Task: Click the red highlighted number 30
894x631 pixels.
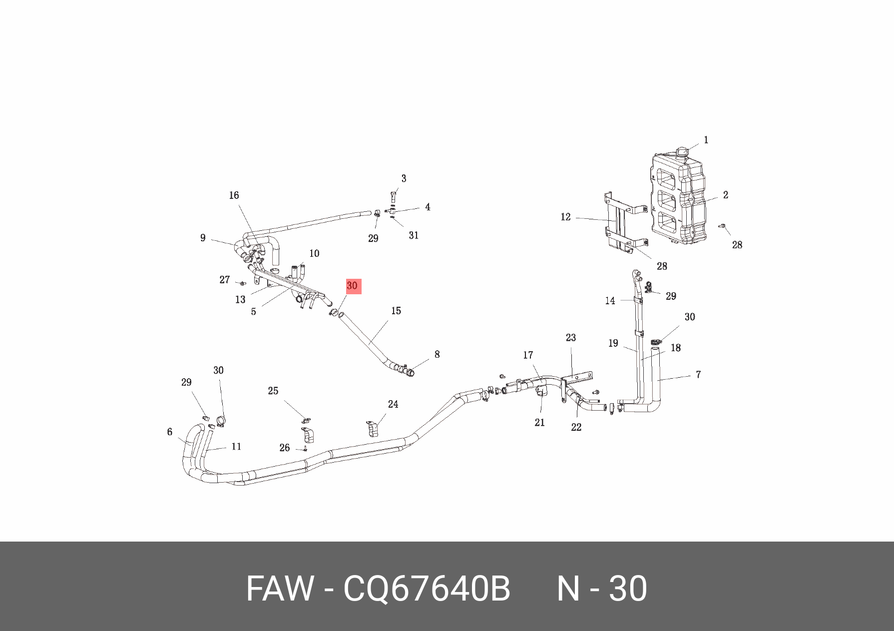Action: (x=353, y=286)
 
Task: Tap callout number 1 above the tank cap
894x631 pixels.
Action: (x=706, y=140)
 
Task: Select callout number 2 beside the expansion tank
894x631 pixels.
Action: (x=725, y=195)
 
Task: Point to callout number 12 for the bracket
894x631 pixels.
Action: (x=565, y=217)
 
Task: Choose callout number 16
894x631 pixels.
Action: (x=234, y=196)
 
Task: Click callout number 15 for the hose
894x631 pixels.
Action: (x=396, y=311)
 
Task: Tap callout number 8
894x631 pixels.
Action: (x=437, y=355)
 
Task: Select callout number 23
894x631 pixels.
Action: (x=571, y=338)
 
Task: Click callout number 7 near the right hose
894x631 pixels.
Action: (x=698, y=375)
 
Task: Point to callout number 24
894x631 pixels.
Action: (x=393, y=405)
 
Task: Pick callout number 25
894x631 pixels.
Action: (x=273, y=391)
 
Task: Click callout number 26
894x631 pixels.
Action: (x=284, y=448)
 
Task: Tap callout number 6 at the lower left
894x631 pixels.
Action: (x=170, y=432)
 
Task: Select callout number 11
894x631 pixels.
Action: (x=236, y=447)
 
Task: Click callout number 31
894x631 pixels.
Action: (x=414, y=235)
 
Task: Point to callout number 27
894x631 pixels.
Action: (x=225, y=280)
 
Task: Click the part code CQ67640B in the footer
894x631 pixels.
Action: (x=427, y=589)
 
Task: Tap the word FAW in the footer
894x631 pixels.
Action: (x=280, y=589)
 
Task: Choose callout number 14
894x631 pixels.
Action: (x=610, y=301)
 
